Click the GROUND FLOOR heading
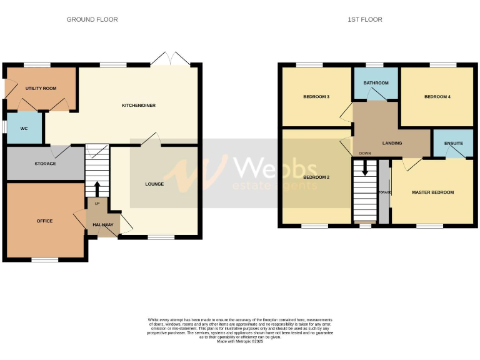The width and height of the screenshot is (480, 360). (x=92, y=19)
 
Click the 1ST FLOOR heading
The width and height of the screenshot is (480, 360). (x=365, y=19)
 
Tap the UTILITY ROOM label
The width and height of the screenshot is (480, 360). (x=41, y=89)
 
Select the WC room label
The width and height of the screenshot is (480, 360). (x=24, y=128)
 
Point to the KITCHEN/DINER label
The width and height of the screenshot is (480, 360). (x=138, y=106)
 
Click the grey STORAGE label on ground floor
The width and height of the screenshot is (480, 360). (x=45, y=164)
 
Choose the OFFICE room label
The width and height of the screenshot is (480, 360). (x=44, y=221)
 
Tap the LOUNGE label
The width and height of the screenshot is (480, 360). (x=154, y=184)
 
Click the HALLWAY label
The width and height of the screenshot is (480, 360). (x=103, y=224)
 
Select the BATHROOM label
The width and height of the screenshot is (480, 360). (x=376, y=83)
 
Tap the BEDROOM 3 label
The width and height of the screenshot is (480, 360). (x=316, y=97)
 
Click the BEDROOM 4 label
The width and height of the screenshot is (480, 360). (x=437, y=97)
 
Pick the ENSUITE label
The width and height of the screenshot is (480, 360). (x=454, y=143)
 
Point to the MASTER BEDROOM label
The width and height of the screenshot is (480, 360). (x=432, y=192)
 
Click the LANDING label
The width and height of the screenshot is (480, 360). (x=392, y=143)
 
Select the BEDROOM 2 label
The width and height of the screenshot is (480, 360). (x=316, y=177)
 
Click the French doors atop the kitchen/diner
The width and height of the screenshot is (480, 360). (x=170, y=59)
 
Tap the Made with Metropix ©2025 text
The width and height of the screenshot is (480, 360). (x=240, y=341)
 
